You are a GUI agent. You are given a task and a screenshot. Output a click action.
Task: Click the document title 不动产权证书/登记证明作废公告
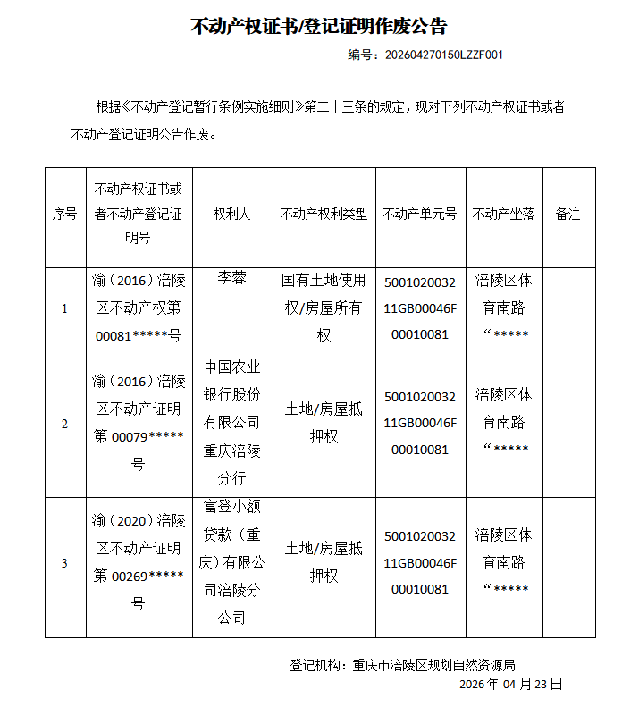(x=319, y=26)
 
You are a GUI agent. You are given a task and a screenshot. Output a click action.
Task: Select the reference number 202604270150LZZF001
(x=443, y=55)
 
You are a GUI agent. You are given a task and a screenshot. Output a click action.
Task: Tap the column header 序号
(x=64, y=215)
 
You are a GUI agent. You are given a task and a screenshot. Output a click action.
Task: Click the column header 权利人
(x=231, y=215)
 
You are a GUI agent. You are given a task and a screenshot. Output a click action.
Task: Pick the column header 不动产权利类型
(x=324, y=215)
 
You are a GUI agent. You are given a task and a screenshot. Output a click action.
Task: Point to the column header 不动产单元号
(x=419, y=215)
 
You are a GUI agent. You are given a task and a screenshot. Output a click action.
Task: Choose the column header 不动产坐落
(x=503, y=215)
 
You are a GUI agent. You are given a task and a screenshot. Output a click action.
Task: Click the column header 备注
(x=568, y=215)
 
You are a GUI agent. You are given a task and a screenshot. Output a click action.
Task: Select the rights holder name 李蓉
(x=231, y=279)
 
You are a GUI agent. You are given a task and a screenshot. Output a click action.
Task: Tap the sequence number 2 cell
(x=64, y=425)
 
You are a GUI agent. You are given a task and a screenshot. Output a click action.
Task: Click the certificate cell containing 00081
(x=138, y=308)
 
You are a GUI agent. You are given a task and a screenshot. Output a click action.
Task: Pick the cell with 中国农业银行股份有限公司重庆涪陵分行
(x=231, y=423)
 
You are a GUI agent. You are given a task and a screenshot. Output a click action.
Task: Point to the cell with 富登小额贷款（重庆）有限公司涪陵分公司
(x=231, y=563)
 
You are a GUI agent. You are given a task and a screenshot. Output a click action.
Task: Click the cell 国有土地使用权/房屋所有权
(x=324, y=308)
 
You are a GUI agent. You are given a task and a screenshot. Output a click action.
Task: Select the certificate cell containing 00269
(x=138, y=562)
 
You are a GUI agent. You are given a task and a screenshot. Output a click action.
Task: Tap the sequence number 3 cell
(x=64, y=564)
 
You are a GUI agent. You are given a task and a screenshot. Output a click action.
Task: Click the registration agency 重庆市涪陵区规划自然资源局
(x=434, y=666)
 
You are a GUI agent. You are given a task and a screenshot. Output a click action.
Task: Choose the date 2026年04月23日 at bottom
(x=510, y=684)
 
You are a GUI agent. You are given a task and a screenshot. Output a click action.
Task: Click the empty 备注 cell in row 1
(x=568, y=312)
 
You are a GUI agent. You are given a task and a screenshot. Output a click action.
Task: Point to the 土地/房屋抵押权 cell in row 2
(x=324, y=423)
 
